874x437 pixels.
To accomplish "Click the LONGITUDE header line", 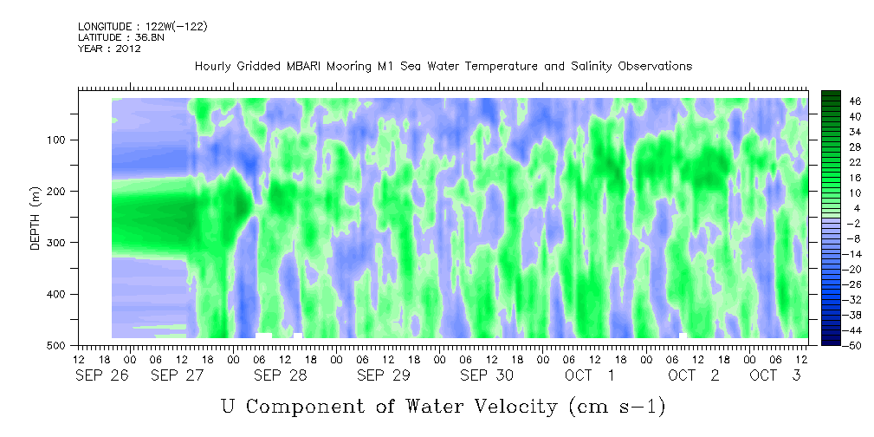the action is point(143,26).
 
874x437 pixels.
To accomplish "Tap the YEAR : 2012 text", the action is point(109,49).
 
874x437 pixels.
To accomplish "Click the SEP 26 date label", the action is point(102,375).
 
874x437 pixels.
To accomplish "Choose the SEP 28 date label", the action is point(281,375).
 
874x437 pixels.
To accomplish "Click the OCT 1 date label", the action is point(590,375).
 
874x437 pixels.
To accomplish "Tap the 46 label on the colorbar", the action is point(840,101).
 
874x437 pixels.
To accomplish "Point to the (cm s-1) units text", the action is point(618,407).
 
